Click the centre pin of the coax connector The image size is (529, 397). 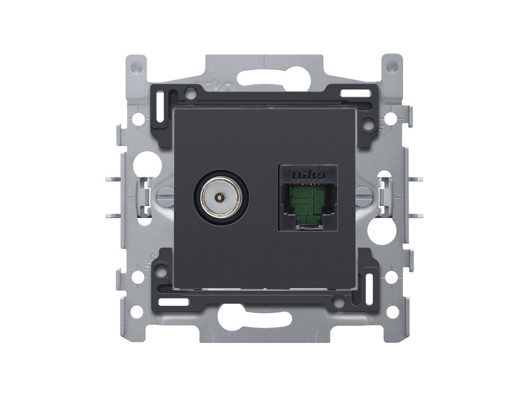tap(221, 197)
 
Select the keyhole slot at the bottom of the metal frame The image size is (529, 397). tap(255, 317)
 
